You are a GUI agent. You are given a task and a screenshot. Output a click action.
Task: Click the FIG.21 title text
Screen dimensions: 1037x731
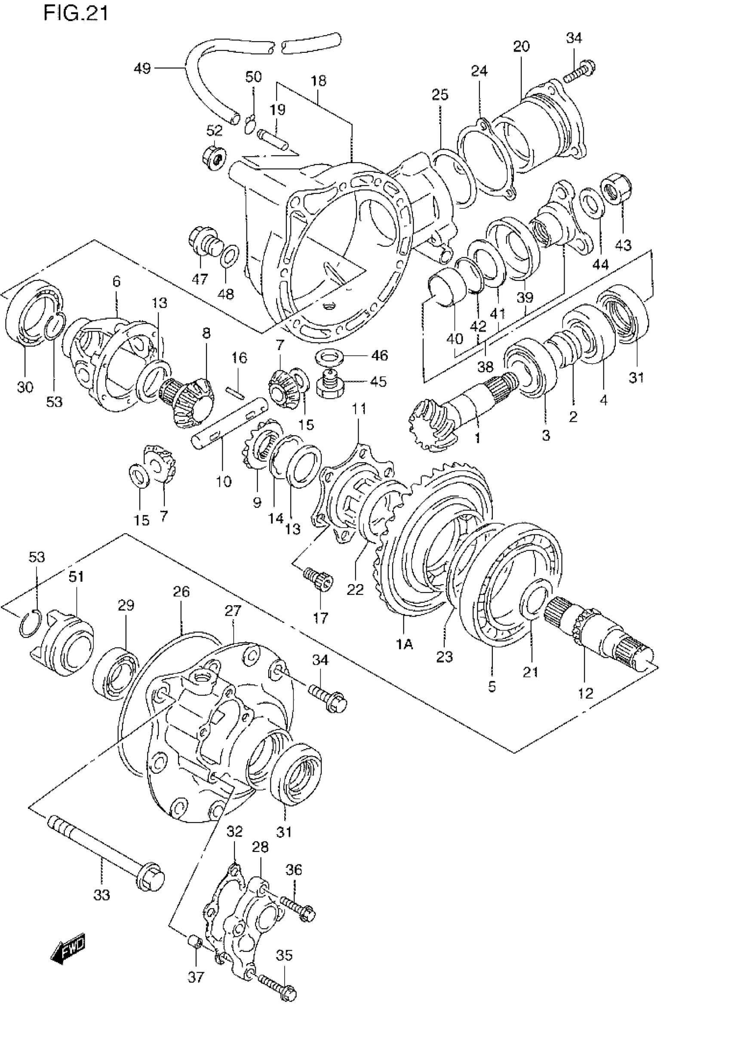coord(76,14)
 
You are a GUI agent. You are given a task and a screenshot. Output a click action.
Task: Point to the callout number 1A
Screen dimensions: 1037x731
coord(405,644)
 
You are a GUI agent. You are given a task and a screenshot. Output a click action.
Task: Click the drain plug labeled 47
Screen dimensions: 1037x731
coord(204,242)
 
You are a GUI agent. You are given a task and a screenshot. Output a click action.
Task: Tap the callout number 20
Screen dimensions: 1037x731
coord(521,46)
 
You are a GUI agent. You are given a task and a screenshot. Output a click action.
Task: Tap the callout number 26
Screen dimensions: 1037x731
coord(181,592)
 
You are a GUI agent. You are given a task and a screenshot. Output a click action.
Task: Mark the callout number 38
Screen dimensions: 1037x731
coord(485,367)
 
